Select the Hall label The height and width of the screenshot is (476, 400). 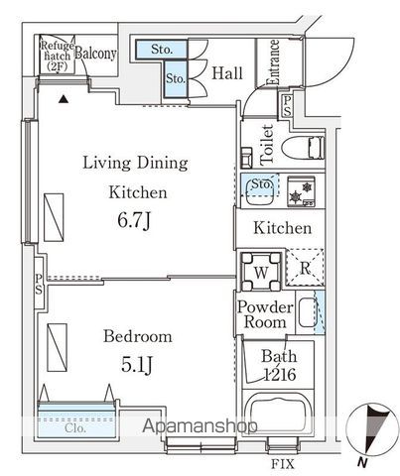pyautogui.click(x=227, y=72)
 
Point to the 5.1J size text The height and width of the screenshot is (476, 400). pyautogui.click(x=130, y=365)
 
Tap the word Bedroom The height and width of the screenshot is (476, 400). pyautogui.click(x=130, y=336)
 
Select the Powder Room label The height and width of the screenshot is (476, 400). pyautogui.click(x=264, y=315)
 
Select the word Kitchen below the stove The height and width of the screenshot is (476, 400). pyautogui.click(x=283, y=229)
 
